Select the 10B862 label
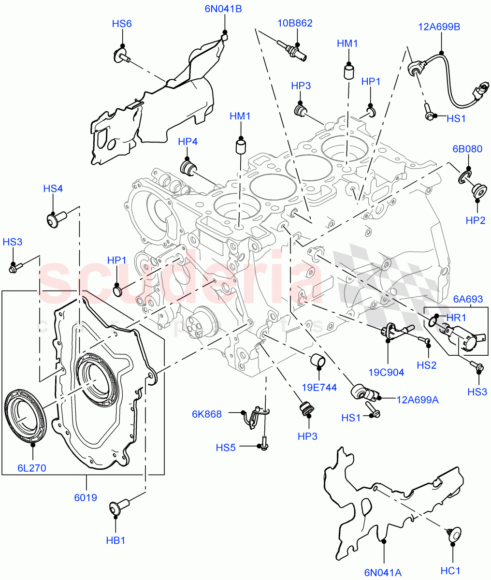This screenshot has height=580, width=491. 295,23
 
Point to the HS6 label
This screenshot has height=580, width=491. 122,24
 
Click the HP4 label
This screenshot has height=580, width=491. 188,142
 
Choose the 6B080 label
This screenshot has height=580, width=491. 467,149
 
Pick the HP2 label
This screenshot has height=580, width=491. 476,220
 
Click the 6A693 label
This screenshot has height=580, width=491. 468,300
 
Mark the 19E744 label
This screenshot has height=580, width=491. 319,387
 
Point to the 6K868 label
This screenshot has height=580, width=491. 206,414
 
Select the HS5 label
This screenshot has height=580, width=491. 226,448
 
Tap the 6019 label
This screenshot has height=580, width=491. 86,497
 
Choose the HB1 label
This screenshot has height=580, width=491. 116,540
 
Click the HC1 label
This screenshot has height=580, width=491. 450,571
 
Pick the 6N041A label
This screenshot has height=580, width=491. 383,573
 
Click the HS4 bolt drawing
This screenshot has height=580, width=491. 54,218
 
